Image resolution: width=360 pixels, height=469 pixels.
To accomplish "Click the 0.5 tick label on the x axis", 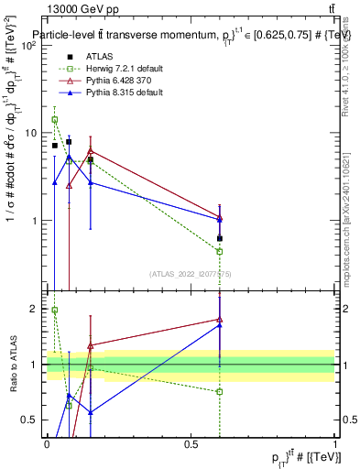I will pos(191,444).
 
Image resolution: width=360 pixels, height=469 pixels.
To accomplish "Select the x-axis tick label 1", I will pos(335,444).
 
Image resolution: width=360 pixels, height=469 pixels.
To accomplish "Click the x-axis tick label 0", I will pos(47,444).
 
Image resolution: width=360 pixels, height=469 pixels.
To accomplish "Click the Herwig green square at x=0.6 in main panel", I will pos(220,251).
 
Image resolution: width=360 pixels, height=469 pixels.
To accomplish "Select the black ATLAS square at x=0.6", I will pos(220,238).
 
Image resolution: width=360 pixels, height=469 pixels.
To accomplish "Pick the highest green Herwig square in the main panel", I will pos(55,119).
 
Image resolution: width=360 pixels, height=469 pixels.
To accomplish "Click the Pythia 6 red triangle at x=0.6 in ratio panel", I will pos(220,319).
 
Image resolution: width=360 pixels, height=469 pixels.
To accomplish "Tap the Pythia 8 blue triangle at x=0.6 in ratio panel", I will pos(220,325).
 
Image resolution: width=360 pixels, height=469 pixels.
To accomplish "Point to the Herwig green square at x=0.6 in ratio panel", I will pos(220,391).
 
